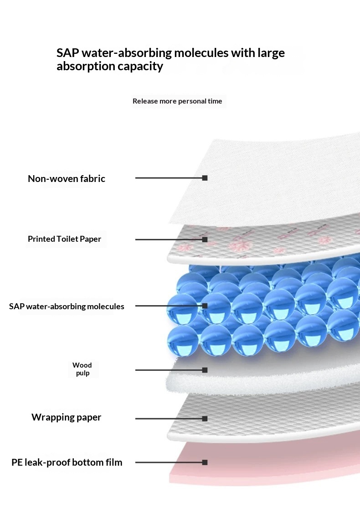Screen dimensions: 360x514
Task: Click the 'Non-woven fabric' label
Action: point(67,179)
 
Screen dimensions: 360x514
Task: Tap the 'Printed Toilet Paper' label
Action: point(65,239)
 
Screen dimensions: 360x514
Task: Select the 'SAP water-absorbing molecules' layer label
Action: point(67,306)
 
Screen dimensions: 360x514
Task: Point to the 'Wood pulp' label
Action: point(82,369)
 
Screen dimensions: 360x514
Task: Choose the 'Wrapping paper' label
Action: point(67,417)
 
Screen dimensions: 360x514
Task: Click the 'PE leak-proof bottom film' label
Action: point(67,462)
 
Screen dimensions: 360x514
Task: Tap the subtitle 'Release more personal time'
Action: point(177,101)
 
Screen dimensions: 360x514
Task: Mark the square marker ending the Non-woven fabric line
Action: point(205,178)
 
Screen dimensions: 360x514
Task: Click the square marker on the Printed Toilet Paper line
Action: point(205,239)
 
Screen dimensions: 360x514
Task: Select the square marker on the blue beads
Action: point(205,306)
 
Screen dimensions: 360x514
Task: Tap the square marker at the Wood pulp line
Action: point(205,370)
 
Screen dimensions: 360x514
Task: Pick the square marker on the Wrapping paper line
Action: point(205,419)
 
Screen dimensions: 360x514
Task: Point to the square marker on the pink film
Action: point(205,462)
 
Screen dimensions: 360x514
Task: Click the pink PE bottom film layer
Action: point(262,466)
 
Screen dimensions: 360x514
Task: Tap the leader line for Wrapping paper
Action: point(169,419)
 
